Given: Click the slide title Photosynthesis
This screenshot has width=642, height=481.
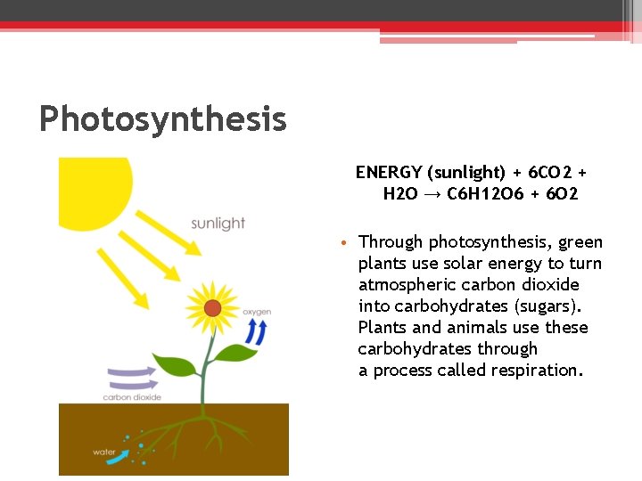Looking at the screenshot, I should (162, 118).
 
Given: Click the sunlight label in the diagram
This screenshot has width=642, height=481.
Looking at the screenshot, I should (218, 223).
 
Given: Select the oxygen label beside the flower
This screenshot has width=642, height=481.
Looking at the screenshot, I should (257, 312).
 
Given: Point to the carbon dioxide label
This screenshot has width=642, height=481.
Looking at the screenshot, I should (132, 397).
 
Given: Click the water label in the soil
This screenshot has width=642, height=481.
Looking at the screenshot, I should (104, 452).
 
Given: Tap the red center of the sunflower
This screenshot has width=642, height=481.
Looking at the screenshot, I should (212, 308).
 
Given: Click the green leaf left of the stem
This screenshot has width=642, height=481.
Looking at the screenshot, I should (174, 364).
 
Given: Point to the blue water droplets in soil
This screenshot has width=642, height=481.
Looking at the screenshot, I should (135, 449).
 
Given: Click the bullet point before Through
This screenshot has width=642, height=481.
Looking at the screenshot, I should (343, 243).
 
